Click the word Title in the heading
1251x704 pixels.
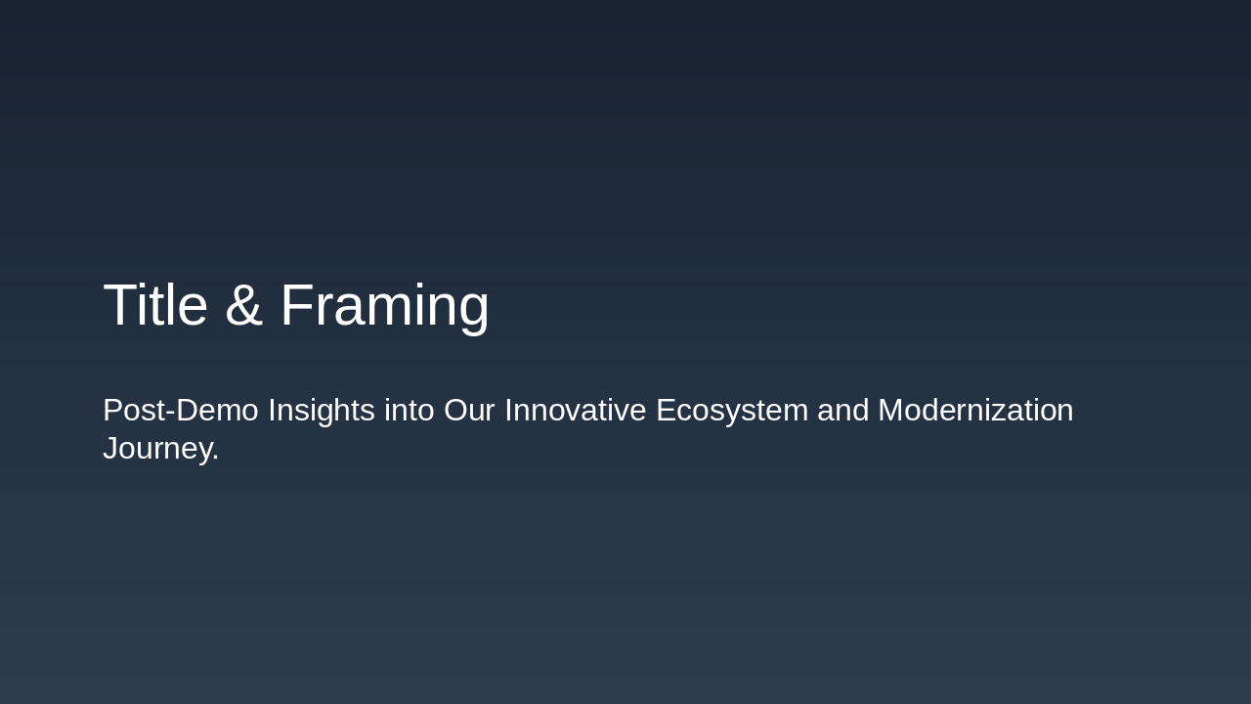(x=154, y=305)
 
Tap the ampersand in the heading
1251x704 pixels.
(x=243, y=306)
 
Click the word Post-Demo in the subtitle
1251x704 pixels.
(x=181, y=411)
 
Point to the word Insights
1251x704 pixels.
(x=322, y=411)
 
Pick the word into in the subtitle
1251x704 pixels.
(x=410, y=411)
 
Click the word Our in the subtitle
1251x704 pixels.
(x=469, y=411)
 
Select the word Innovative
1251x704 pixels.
(x=575, y=411)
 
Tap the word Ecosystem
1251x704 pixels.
(x=732, y=411)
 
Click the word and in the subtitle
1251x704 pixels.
(x=842, y=411)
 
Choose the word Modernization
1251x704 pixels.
(x=975, y=411)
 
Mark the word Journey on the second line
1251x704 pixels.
(x=156, y=449)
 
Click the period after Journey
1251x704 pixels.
(x=215, y=459)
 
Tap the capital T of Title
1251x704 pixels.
(x=119, y=305)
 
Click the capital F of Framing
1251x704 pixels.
(x=297, y=305)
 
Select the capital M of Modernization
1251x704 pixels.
(x=890, y=411)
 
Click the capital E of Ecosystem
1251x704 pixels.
(x=666, y=411)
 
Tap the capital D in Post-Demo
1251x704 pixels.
(x=186, y=411)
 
